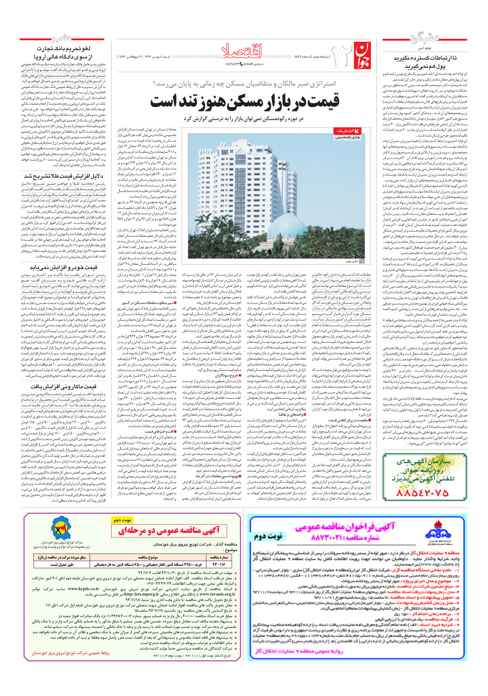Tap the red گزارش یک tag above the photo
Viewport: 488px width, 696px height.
point(347,131)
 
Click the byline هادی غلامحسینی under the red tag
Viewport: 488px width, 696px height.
point(347,138)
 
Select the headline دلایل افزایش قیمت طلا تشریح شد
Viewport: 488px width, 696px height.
point(64,176)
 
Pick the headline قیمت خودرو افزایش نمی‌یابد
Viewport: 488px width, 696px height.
point(63,268)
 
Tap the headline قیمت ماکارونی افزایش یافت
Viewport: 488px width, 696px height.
point(63,387)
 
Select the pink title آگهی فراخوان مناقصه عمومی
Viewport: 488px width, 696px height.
point(344,527)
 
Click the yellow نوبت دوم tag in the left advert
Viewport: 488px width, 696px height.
point(122,520)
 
